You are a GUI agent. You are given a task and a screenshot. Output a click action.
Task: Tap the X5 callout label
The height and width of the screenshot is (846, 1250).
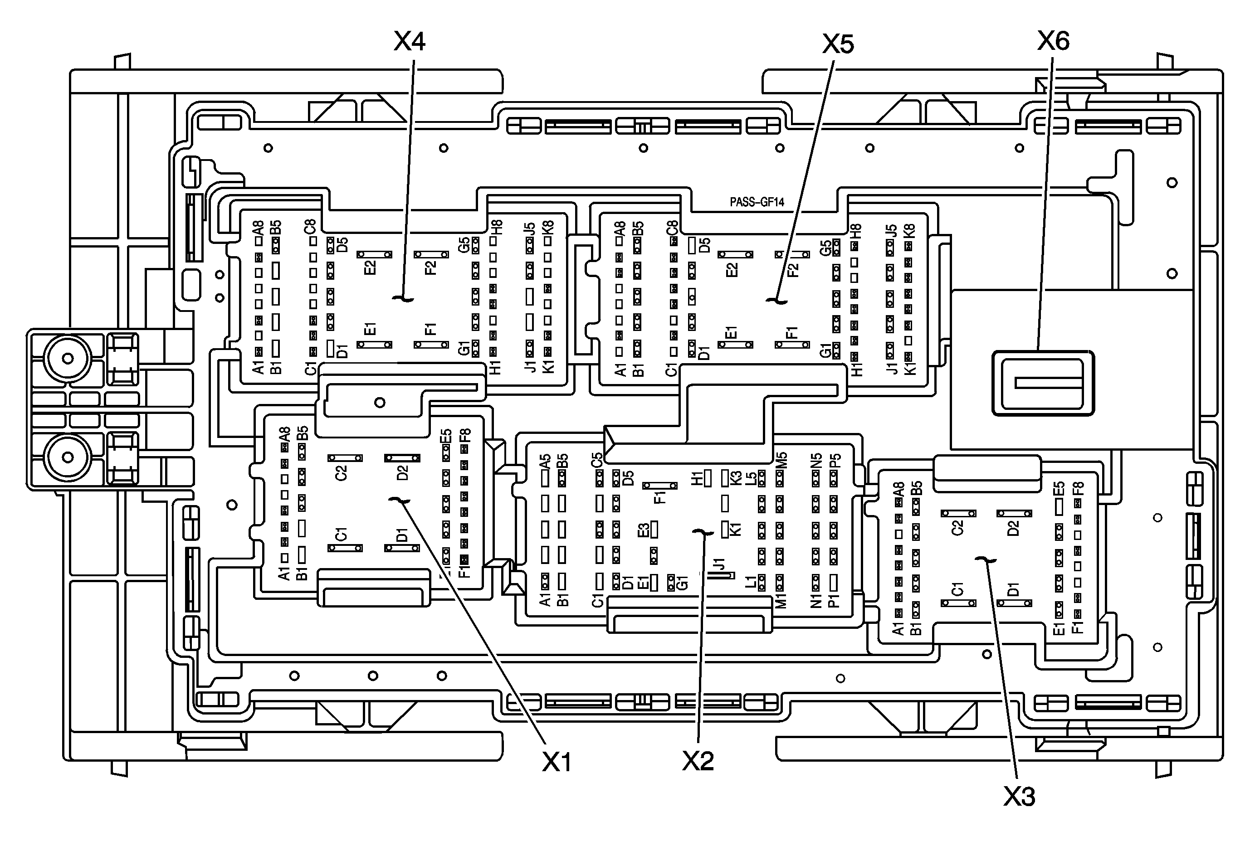pos(838,44)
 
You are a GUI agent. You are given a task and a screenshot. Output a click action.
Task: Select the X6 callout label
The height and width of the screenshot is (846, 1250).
pos(1053,41)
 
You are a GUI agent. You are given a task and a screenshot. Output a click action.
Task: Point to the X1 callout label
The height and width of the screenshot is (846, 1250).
pos(557,762)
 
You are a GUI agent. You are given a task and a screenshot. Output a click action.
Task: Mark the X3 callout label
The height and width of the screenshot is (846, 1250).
pos(1019,796)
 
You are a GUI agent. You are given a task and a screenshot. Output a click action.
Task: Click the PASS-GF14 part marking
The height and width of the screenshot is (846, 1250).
pos(757,202)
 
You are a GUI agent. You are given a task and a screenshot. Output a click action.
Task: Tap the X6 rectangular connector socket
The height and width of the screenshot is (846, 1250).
pos(1043,383)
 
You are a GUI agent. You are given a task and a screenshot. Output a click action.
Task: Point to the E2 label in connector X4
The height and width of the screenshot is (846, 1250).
pos(370,267)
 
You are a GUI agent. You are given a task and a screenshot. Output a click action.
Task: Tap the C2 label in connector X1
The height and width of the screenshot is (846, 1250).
pos(341,472)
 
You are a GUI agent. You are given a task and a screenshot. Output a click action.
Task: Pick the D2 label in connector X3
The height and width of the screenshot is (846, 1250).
pos(1013,528)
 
